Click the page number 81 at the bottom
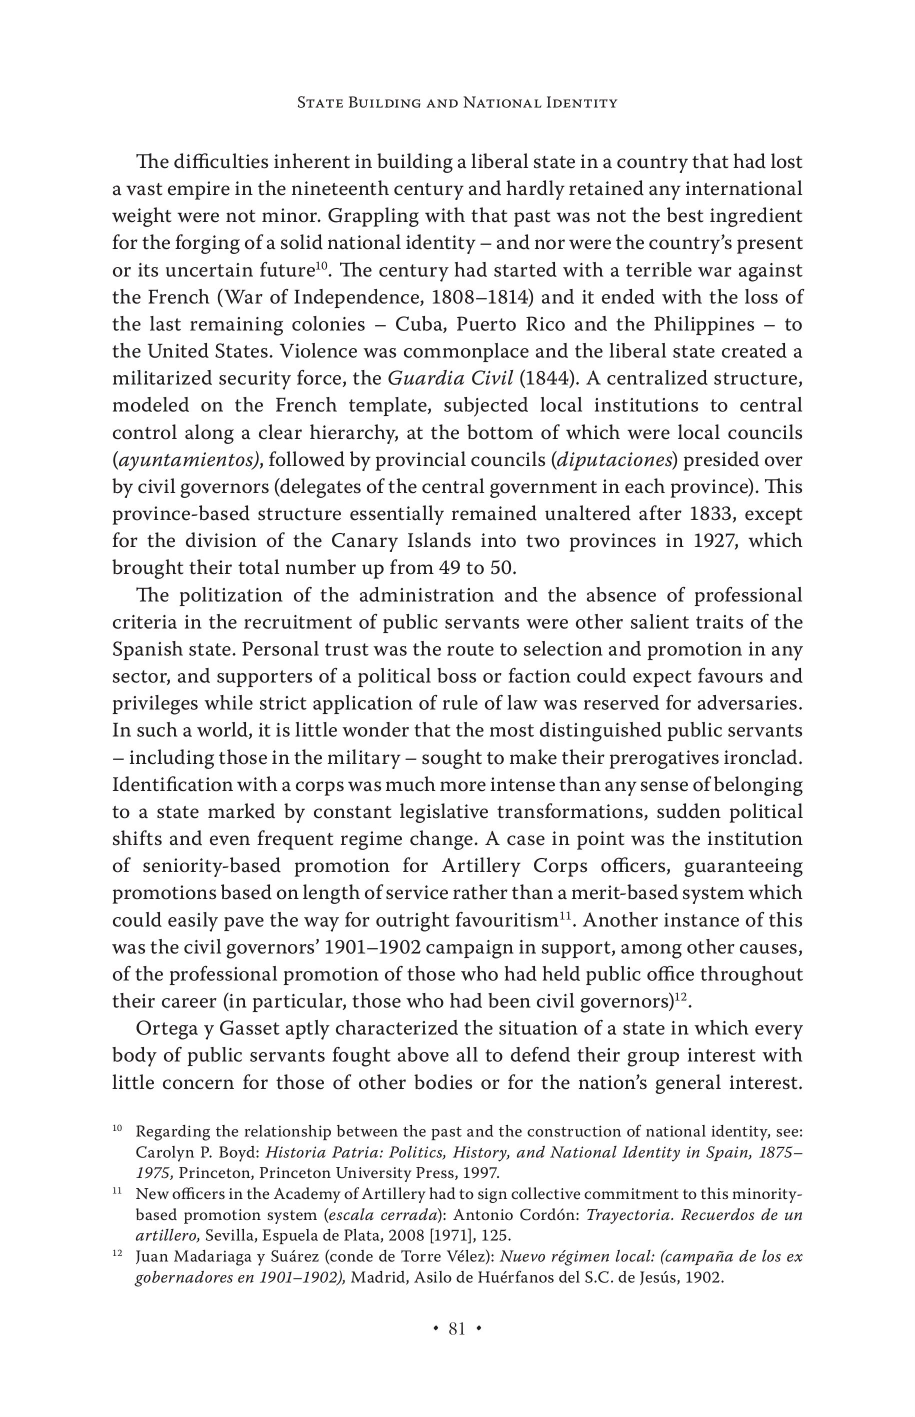coord(456,1329)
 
